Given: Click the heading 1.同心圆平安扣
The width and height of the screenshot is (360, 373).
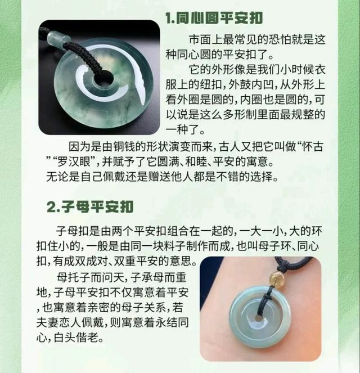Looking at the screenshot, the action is click(x=214, y=18).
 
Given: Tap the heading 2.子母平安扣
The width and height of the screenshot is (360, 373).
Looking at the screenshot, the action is click(x=90, y=206).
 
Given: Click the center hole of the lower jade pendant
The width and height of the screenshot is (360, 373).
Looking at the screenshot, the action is click(x=258, y=318).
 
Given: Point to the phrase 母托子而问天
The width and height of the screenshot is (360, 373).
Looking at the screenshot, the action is click(x=89, y=277).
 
